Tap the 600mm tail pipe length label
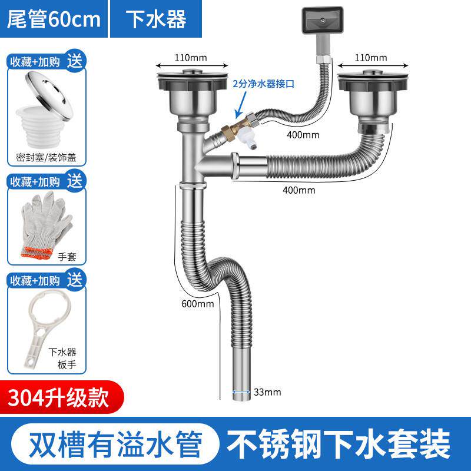click(198, 304)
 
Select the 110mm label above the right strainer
click(371, 58)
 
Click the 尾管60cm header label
click(53, 19)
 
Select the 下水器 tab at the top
click(157, 19)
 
